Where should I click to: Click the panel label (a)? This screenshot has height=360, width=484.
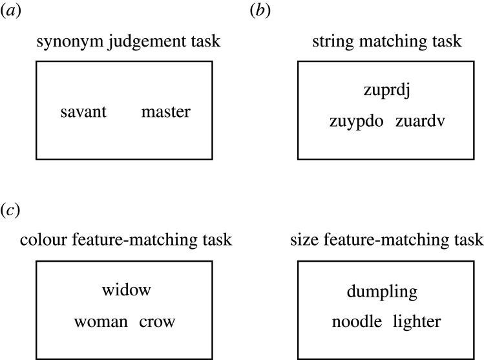pyautogui.click(x=12, y=11)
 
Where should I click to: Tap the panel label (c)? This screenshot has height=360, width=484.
pyautogui.click(x=12, y=211)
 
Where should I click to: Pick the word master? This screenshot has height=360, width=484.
pyautogui.click(x=166, y=112)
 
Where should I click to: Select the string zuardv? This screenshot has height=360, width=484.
pyautogui.click(x=417, y=122)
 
